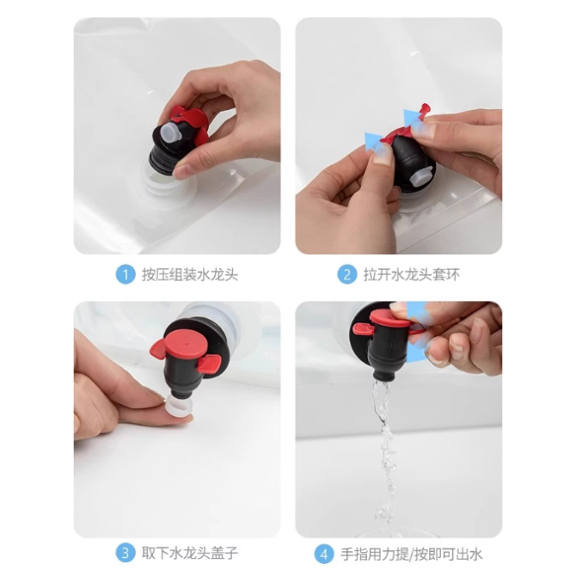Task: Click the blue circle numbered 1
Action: pos(126,274)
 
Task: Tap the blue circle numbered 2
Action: pos(346,274)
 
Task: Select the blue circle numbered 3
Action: pos(126,553)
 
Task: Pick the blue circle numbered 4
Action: pos(324,554)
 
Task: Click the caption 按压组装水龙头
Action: pos(190,274)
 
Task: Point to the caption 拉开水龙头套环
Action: pos(412,274)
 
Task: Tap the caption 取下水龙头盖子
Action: pos(190,553)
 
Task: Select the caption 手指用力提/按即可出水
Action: pos(411,555)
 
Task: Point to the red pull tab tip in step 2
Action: pos(426,108)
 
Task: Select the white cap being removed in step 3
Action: pos(181,407)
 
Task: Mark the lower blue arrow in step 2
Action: pos(373,141)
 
